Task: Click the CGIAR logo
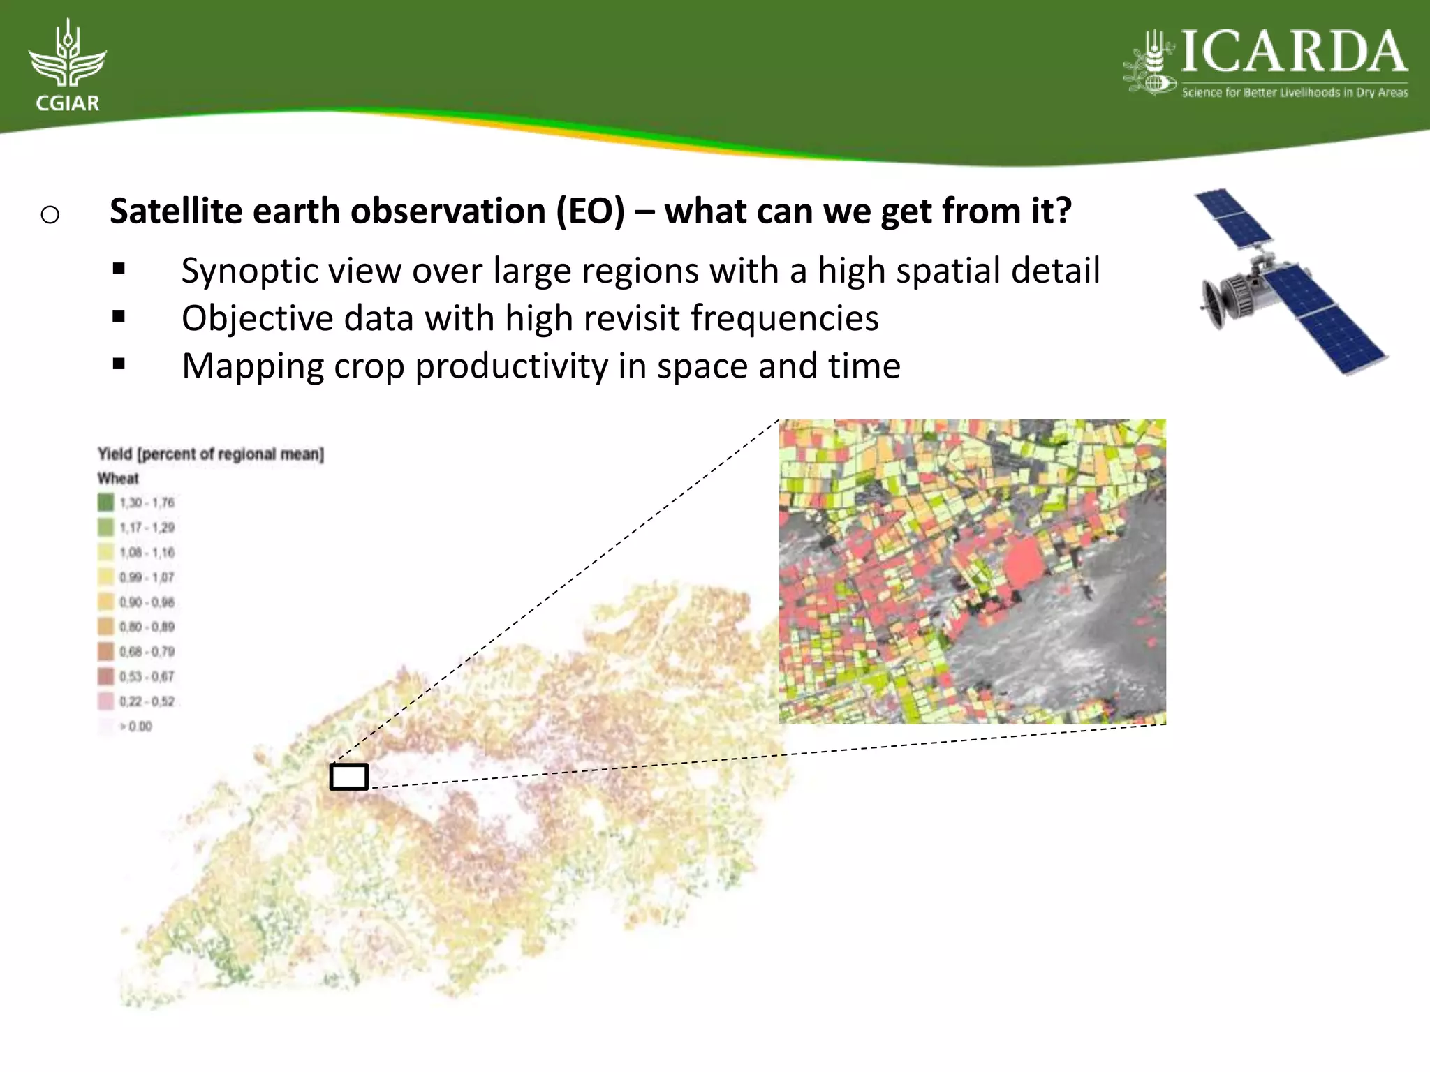67,66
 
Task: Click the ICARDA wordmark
1293,52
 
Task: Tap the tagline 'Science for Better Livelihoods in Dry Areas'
1295,92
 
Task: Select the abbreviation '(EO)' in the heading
590,211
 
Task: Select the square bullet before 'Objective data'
119,317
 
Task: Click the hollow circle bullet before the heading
50,214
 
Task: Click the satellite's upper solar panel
1232,218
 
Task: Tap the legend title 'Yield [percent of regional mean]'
210,454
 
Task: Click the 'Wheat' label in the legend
118,479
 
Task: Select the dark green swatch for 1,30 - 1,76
105,502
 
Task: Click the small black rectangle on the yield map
348,777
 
